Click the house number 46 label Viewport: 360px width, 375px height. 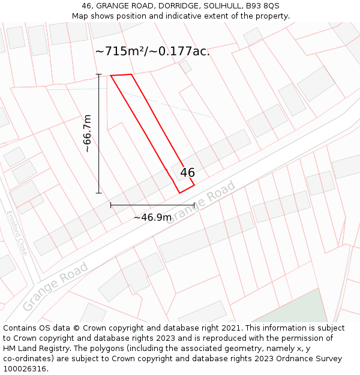pos(187,173)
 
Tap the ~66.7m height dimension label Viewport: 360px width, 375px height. pos(87,133)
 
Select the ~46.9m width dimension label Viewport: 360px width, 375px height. pos(152,217)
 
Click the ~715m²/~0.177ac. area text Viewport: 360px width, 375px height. pos(152,52)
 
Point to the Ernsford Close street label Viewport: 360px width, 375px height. pos(17,233)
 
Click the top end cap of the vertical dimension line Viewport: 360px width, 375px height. pos(99,74)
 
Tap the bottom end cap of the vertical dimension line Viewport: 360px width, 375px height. pos(99,193)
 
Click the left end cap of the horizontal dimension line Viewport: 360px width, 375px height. pos(110,205)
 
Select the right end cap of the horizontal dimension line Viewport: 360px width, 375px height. pos(194,205)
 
